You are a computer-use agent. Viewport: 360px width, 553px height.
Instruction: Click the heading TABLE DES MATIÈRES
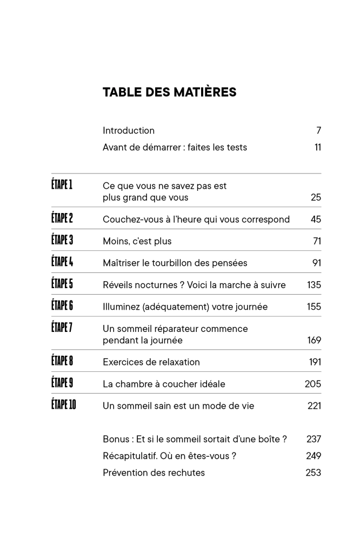(x=169, y=92)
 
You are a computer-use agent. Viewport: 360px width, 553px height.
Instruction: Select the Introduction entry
(x=129, y=130)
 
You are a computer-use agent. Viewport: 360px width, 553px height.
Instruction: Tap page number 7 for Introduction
(x=318, y=130)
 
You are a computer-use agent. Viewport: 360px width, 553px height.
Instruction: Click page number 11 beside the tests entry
(x=317, y=147)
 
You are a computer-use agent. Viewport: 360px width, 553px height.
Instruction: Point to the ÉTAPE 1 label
(x=62, y=185)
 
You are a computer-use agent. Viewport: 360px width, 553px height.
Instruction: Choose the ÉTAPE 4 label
(x=62, y=262)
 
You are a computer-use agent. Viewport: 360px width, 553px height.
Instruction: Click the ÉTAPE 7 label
(x=62, y=328)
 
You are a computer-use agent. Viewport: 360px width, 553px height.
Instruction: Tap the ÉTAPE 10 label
(x=64, y=405)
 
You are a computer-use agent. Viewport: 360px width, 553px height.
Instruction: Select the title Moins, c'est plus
(x=137, y=241)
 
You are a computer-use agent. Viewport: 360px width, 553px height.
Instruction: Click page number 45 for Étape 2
(x=316, y=219)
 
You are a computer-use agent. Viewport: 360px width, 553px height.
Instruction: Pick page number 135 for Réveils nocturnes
(x=314, y=285)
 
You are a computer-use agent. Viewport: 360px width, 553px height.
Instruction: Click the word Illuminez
(x=121, y=307)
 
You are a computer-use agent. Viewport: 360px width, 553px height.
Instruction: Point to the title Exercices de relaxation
(x=151, y=362)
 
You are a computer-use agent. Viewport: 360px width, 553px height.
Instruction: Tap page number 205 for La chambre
(x=313, y=384)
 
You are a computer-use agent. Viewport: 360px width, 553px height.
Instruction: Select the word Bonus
(x=115, y=439)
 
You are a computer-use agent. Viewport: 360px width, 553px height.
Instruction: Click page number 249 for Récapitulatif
(x=314, y=456)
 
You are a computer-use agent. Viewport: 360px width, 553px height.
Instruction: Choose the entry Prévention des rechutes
(x=154, y=472)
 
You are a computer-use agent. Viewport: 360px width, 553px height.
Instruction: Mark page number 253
(x=314, y=472)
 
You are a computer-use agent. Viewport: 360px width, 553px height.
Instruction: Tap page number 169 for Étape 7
(x=314, y=340)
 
